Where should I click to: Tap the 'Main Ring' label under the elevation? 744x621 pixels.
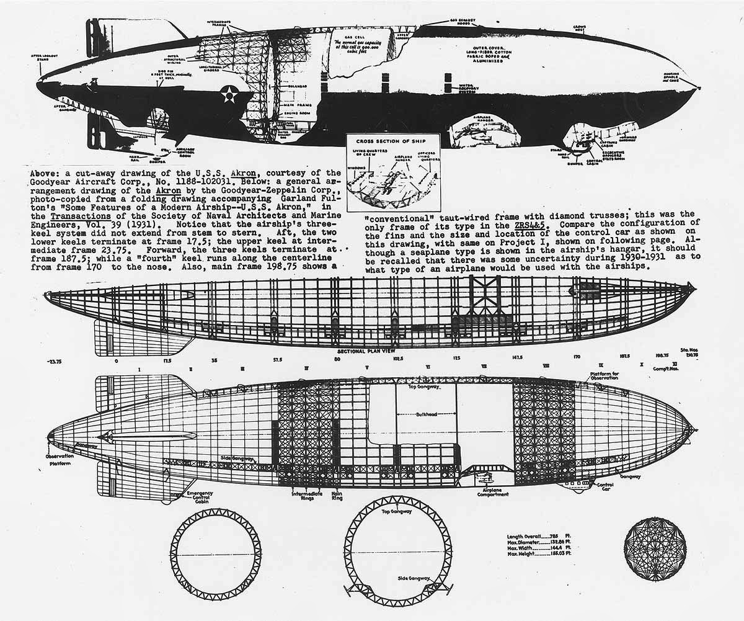338,496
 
